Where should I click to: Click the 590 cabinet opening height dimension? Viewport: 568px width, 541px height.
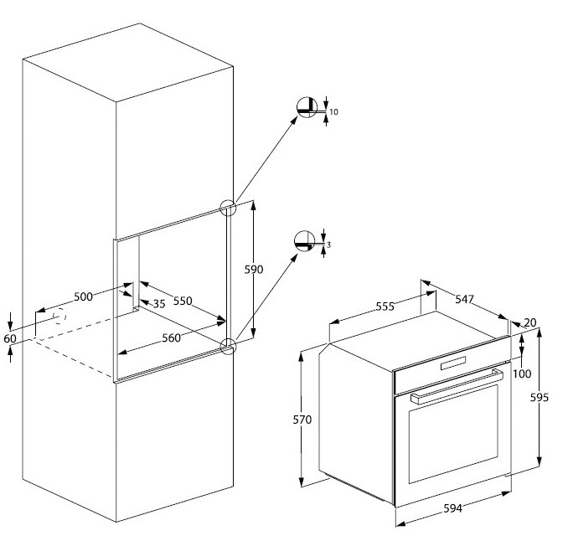[253, 270]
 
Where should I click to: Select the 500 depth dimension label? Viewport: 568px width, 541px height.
[83, 296]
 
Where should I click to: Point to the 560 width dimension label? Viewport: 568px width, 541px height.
[172, 338]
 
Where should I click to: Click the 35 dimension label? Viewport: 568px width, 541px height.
[158, 303]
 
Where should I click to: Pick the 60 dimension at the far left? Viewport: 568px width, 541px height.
[9, 337]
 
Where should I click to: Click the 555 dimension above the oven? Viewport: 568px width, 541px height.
[384, 307]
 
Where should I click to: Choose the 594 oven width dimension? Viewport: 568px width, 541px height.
[452, 508]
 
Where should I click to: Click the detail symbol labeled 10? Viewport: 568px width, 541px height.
[309, 109]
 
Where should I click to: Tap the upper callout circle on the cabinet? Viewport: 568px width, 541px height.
[226, 208]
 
